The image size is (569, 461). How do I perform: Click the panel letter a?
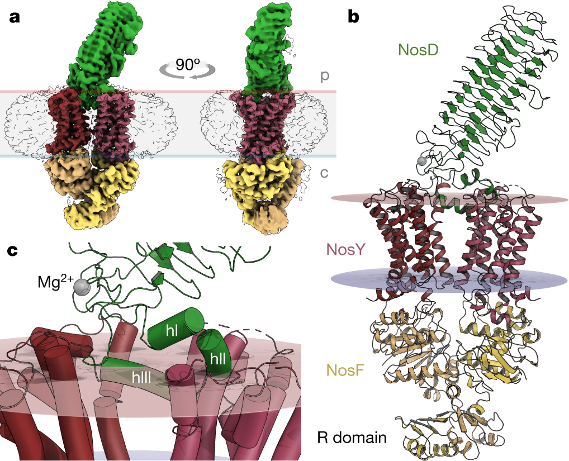(15, 16)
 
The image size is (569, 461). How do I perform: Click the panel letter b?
(353, 16)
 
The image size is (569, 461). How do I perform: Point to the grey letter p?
(324, 75)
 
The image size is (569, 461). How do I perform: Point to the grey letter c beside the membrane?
(324, 172)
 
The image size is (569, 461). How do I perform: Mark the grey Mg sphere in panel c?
(82, 287)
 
